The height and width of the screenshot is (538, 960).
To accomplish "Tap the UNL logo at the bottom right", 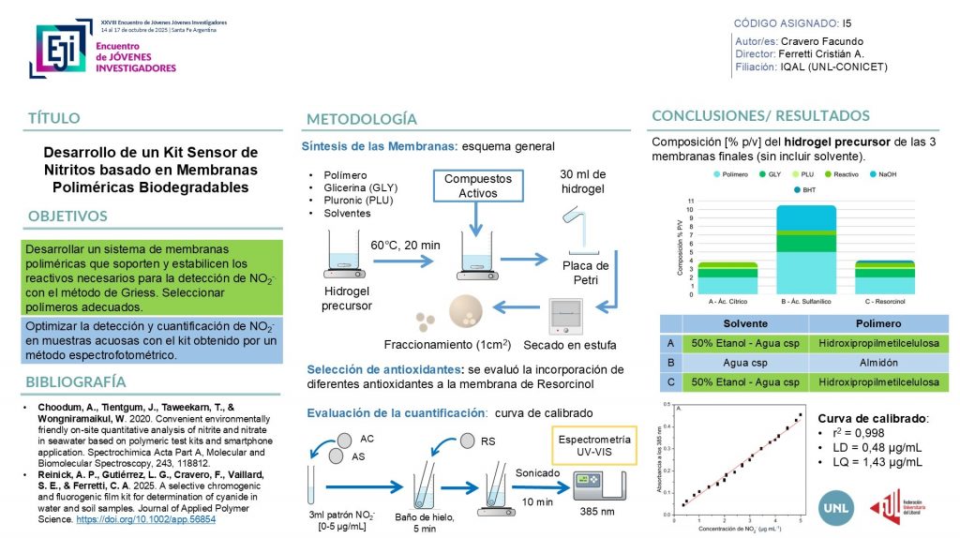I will click(x=837, y=504).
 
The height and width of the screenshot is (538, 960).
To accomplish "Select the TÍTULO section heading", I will click(x=53, y=118).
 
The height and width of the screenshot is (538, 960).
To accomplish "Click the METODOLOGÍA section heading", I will click(x=361, y=119).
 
